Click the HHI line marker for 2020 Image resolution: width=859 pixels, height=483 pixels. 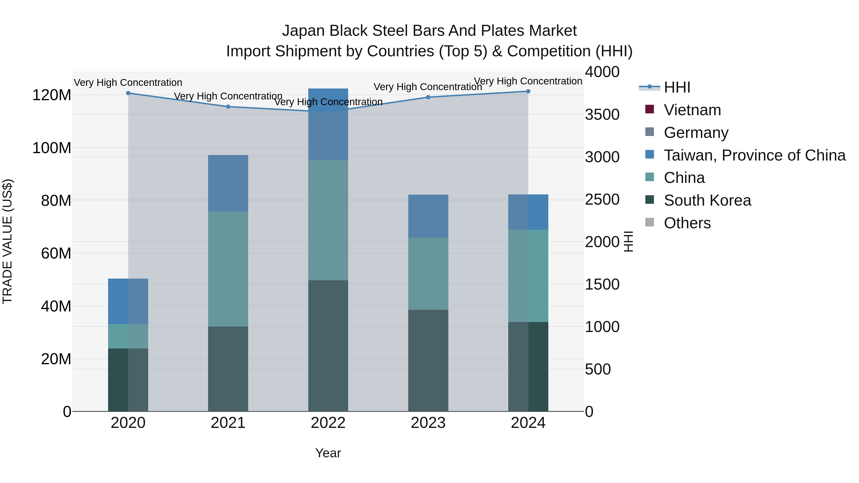tap(128, 93)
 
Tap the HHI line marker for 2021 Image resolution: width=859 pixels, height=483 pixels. tap(228, 107)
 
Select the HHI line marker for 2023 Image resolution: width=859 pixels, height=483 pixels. tap(428, 97)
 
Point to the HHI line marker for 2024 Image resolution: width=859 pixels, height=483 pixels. tap(528, 91)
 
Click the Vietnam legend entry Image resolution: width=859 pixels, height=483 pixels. tap(692, 110)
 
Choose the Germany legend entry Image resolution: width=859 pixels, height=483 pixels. tap(696, 133)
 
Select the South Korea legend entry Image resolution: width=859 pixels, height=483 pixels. tap(707, 200)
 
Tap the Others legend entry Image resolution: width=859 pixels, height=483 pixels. tap(687, 223)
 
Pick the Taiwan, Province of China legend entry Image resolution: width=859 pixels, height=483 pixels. tap(754, 155)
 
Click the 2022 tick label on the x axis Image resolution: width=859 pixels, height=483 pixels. tap(328, 423)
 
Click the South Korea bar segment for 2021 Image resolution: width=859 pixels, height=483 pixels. tap(228, 369)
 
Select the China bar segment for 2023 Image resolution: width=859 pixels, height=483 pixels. tap(428, 274)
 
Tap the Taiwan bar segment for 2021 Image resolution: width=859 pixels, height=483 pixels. tap(228, 183)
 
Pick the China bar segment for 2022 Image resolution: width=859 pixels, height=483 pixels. tap(328, 220)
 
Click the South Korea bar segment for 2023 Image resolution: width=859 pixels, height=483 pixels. tap(428, 360)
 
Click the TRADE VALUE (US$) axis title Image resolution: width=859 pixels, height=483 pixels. tap(7, 241)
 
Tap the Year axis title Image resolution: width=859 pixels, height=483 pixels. tap(328, 453)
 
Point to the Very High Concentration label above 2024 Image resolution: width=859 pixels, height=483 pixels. tap(528, 81)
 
